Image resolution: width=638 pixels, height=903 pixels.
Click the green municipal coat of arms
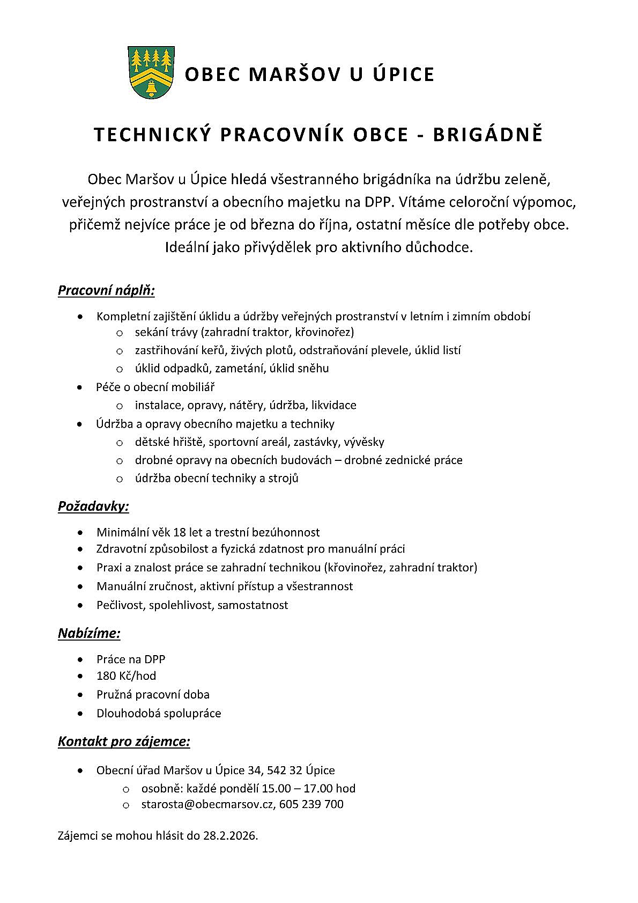[x=151, y=72]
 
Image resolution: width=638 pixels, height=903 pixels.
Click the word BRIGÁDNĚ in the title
[x=487, y=135]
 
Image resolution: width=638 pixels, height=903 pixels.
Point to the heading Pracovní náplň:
[x=106, y=291]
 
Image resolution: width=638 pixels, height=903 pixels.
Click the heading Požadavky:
[x=93, y=506]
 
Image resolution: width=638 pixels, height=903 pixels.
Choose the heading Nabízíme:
[x=89, y=633]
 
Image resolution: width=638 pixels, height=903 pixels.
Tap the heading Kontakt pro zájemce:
[x=124, y=742]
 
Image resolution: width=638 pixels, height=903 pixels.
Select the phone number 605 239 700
[x=311, y=804]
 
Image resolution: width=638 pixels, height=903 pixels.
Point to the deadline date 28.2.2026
[x=230, y=835]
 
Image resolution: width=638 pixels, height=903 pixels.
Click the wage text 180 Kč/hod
[x=127, y=676]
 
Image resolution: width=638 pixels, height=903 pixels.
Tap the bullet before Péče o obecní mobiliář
[x=80, y=387]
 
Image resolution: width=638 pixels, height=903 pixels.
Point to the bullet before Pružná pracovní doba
[x=80, y=694]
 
